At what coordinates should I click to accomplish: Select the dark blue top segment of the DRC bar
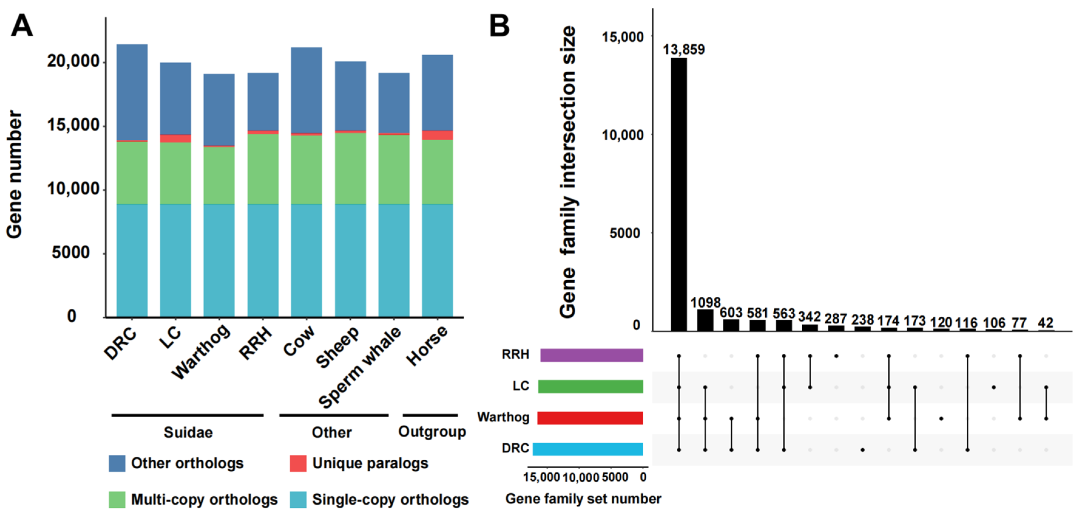[x=132, y=92]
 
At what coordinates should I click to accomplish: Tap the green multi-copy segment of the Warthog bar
[x=219, y=175]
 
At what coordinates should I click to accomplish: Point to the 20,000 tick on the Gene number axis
[x=73, y=62]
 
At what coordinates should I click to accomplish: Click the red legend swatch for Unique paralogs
[x=298, y=463]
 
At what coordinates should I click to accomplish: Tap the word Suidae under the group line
[x=188, y=432]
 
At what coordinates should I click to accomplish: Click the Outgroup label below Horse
[x=432, y=431]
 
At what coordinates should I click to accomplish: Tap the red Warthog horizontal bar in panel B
[x=590, y=418]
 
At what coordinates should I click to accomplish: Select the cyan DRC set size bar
[x=588, y=449]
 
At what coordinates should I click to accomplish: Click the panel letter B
[x=499, y=26]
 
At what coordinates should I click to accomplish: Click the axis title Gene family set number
[x=583, y=499]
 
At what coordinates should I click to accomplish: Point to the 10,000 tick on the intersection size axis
[x=622, y=135]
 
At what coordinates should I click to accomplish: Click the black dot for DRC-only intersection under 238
[x=862, y=450]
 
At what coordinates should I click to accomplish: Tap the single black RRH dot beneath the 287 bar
[x=836, y=356]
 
